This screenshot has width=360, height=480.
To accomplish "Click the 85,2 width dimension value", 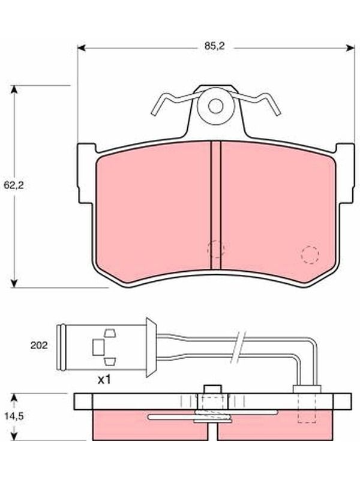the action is click(x=215, y=47).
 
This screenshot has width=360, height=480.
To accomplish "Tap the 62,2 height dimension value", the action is click(x=14, y=185).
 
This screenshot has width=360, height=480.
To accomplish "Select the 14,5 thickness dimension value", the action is click(x=14, y=416).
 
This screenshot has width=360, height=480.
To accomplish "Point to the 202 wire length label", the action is click(x=39, y=346).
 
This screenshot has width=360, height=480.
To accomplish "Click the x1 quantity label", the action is click(x=104, y=380).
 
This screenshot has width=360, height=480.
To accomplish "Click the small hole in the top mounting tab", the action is click(x=216, y=106).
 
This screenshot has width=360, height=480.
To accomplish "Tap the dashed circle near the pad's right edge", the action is click(x=310, y=254).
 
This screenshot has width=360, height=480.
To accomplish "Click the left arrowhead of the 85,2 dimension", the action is click(x=81, y=48).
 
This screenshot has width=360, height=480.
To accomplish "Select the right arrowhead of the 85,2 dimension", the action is click(x=350, y=48).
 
